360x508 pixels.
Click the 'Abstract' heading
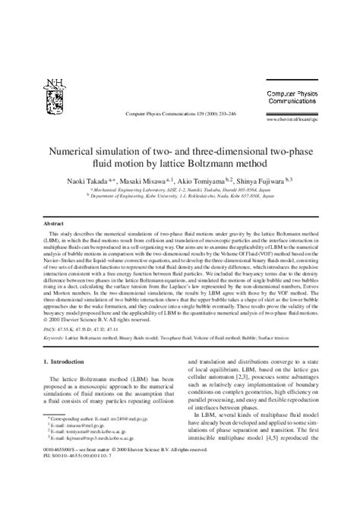(53, 226)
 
